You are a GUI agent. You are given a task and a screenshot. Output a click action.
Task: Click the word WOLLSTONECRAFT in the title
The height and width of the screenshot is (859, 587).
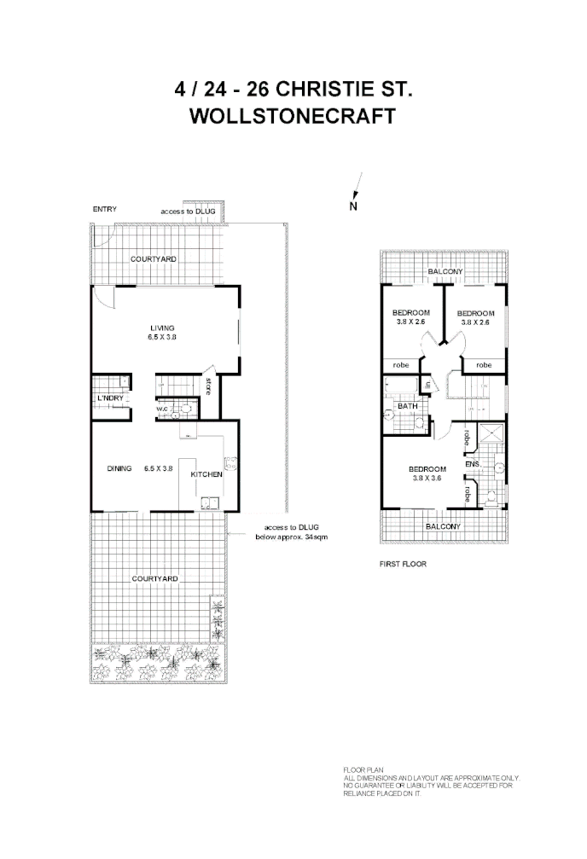[293, 117]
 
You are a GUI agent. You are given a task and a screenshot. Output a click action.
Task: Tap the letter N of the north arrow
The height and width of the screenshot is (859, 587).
[352, 206]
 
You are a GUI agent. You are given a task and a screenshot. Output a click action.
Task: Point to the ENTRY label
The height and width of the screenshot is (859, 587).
[104, 209]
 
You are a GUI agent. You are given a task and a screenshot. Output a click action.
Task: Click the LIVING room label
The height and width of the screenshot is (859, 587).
[162, 328]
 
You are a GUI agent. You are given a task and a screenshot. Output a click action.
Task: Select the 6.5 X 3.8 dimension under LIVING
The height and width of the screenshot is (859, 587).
[162, 338]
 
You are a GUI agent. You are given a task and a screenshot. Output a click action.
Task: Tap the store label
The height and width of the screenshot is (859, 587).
[207, 387]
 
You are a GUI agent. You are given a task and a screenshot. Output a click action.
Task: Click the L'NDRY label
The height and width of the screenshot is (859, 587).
[110, 398]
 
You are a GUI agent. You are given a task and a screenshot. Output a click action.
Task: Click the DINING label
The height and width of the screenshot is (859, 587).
[119, 467]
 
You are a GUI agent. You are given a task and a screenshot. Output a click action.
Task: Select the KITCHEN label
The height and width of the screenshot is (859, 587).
[206, 474]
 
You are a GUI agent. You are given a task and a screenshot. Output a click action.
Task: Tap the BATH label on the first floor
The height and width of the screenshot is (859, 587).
[407, 407]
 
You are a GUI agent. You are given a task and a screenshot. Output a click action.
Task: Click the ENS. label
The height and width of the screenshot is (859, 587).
[473, 463]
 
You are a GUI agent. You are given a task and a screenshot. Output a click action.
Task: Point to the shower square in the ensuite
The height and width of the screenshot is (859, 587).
[490, 436]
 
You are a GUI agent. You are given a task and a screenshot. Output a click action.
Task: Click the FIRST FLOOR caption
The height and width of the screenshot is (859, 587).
[403, 564]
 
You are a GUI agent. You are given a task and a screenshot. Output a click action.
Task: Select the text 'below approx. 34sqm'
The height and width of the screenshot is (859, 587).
[292, 537]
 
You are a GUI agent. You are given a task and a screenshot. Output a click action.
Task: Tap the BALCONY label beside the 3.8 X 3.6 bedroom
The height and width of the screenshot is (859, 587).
[443, 526]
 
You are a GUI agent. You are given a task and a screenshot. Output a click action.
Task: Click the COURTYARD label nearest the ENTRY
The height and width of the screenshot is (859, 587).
[154, 258]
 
